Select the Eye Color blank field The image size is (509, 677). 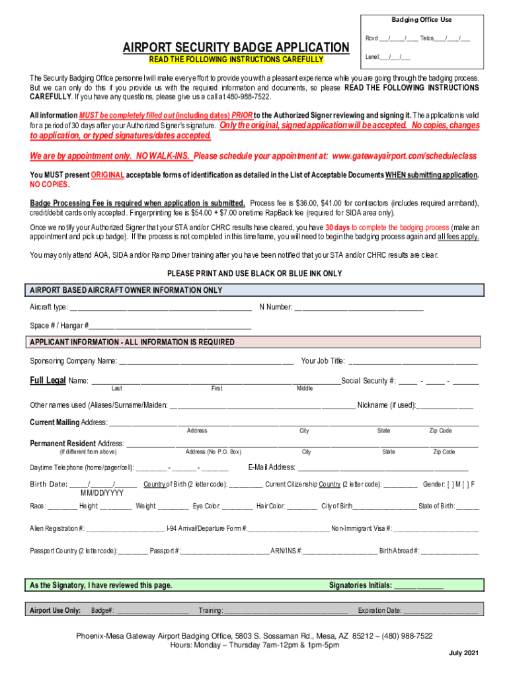[237, 507]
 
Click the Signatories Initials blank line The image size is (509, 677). [418, 586]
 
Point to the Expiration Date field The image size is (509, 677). [440, 612]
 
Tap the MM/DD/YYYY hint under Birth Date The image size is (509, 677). [102, 493]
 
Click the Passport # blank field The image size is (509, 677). [224, 551]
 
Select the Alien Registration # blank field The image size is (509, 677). [125, 529]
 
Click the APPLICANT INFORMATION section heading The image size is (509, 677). [132, 342]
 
